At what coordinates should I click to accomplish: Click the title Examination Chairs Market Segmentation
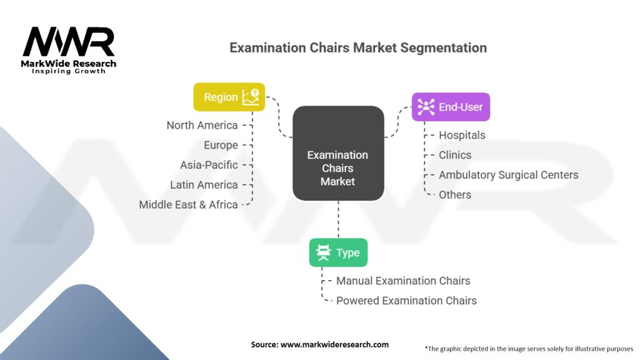click(x=358, y=47)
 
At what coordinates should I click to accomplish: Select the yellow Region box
click(x=229, y=97)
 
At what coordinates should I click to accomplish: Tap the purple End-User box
click(x=451, y=107)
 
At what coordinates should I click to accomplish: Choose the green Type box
click(x=338, y=252)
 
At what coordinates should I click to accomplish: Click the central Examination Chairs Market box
click(x=337, y=168)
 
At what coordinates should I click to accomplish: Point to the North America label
click(x=202, y=125)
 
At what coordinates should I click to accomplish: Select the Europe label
click(x=221, y=145)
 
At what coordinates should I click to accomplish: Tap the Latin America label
click(x=204, y=185)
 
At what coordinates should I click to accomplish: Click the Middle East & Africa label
click(x=188, y=204)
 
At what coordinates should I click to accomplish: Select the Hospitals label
click(x=462, y=135)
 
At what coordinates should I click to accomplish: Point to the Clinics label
click(x=455, y=155)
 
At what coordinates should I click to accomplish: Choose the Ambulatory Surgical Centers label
click(x=508, y=175)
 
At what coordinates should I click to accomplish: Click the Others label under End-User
click(x=455, y=194)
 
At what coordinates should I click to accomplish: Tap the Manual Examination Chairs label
click(x=403, y=281)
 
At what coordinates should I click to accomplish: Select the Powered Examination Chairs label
click(x=406, y=301)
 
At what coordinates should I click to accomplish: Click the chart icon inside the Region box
click(x=251, y=96)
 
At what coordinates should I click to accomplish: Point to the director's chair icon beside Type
click(x=324, y=252)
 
